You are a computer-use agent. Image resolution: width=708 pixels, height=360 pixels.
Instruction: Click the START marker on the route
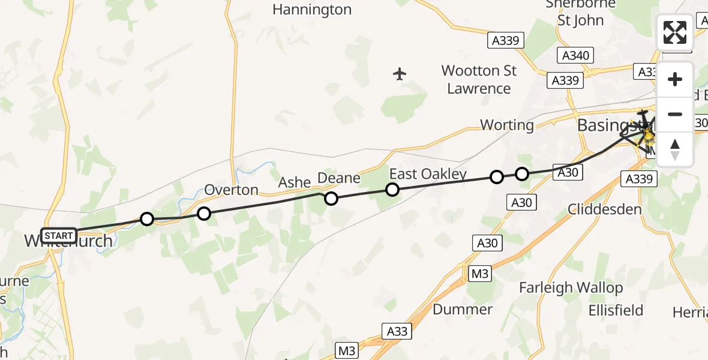click(59, 236)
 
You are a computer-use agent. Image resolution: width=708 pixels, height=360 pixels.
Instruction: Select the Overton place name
click(231, 190)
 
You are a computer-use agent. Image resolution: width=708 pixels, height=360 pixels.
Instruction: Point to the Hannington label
click(311, 10)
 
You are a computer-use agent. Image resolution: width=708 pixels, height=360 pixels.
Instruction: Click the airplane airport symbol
click(400, 74)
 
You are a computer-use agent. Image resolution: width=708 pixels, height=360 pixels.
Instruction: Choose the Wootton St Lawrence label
click(479, 79)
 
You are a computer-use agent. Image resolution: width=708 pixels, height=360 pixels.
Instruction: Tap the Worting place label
click(507, 125)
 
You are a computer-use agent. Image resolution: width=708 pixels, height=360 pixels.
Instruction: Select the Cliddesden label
click(605, 209)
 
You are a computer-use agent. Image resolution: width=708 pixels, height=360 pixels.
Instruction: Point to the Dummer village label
click(463, 310)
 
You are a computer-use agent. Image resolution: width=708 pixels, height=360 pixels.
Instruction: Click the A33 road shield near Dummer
click(397, 331)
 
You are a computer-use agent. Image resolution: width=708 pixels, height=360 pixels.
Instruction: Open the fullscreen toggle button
click(675, 32)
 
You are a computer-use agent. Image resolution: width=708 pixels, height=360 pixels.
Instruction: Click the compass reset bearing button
click(675, 149)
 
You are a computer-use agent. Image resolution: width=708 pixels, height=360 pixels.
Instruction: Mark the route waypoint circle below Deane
click(331, 199)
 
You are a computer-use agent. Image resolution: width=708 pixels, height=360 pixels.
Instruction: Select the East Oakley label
click(428, 174)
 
